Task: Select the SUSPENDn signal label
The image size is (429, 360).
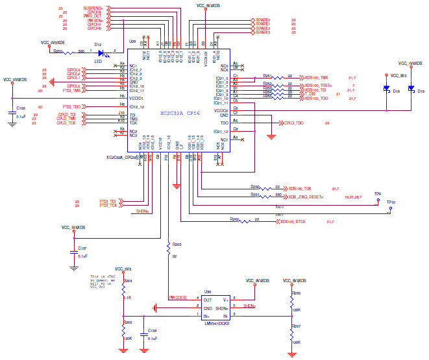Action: [93, 8]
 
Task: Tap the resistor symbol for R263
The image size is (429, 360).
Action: [168, 245]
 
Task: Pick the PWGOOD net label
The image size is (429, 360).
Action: [178, 298]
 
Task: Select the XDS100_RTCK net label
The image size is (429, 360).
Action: [293, 222]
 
